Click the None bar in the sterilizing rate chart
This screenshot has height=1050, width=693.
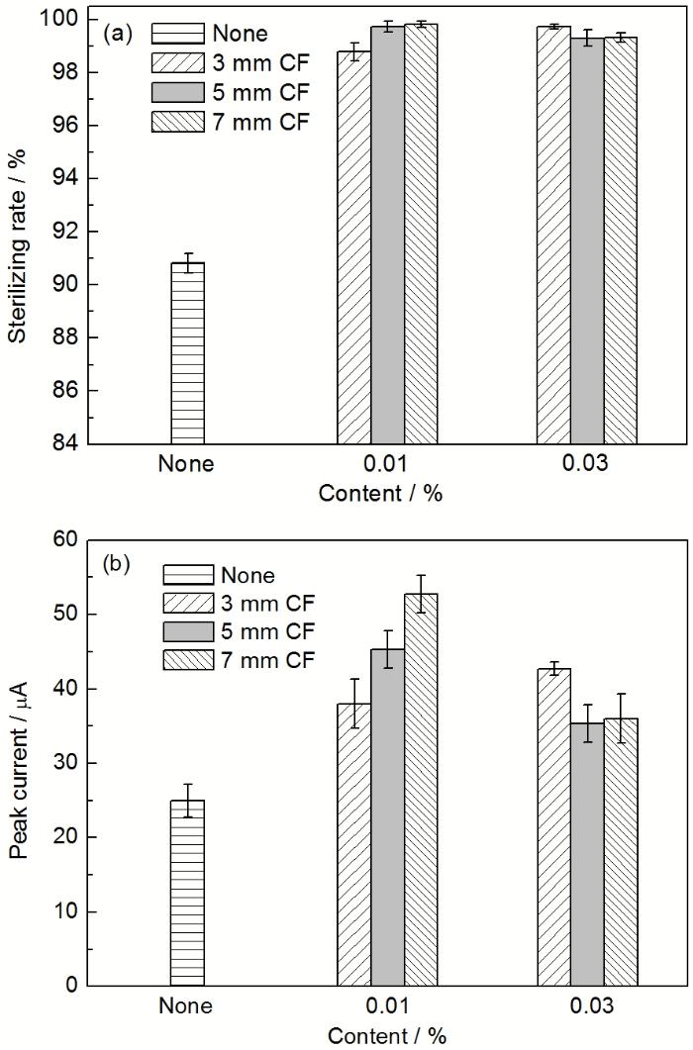tap(187, 352)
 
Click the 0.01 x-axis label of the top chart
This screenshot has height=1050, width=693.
tap(387, 463)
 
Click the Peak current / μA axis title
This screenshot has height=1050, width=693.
tap(17, 762)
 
